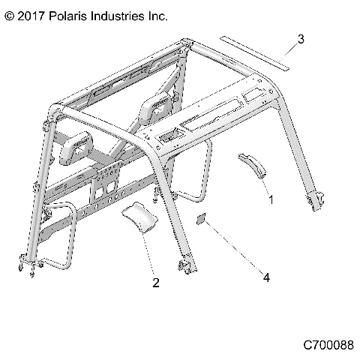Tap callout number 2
pyautogui.click(x=155, y=283)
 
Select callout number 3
pyautogui.click(x=300, y=39)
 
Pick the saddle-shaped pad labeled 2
pyautogui.click(x=142, y=215)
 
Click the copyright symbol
pyautogui.click(x=9, y=15)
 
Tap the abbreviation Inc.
pyautogui.click(x=157, y=15)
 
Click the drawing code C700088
pyautogui.click(x=328, y=346)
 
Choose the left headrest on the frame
pyautogui.click(x=76, y=147)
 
